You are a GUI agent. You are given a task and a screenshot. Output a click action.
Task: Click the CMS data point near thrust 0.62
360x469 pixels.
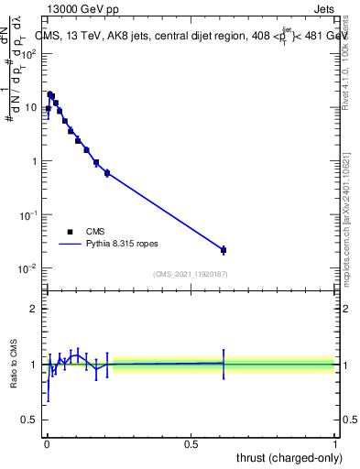224,250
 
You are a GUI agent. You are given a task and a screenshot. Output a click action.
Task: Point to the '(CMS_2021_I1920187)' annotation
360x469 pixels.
190,274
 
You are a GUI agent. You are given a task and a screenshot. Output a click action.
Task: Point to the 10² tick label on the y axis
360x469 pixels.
28,53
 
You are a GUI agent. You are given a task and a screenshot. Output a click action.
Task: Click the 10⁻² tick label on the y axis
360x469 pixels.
28,268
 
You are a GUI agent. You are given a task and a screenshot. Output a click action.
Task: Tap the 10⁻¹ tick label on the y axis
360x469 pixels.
28,214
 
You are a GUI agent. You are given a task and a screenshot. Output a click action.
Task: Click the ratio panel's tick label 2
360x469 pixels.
34,309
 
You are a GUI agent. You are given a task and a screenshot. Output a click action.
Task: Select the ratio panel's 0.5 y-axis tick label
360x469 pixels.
30,420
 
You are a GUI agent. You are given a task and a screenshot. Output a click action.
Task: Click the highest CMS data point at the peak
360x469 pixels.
50,93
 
